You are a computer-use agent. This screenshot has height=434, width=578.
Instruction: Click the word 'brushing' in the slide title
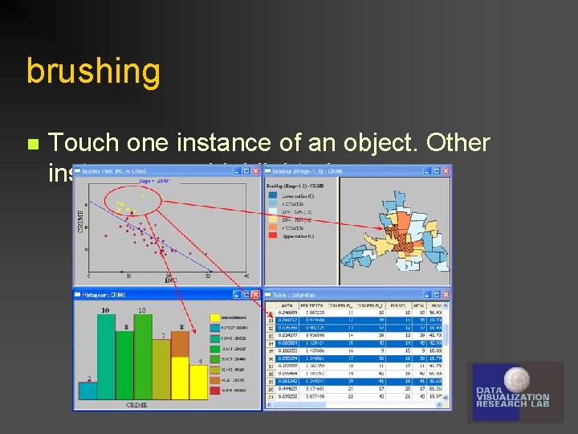click(93, 72)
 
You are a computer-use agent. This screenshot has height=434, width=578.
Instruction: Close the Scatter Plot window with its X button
click(256, 170)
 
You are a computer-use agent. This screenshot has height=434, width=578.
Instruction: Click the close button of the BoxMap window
click(446, 170)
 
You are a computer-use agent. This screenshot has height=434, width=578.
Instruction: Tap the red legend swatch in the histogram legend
click(214, 389)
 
